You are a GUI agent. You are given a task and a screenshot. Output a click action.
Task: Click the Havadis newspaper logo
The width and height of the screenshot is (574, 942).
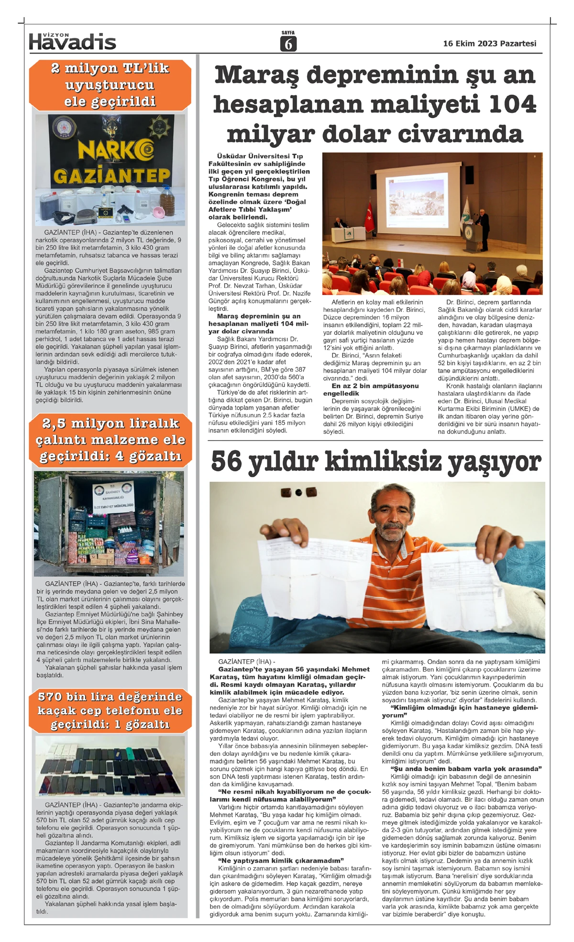[72, 42]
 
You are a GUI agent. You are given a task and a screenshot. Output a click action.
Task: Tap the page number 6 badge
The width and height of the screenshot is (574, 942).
[288, 44]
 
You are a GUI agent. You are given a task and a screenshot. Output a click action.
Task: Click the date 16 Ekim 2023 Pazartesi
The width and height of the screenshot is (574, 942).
[489, 44]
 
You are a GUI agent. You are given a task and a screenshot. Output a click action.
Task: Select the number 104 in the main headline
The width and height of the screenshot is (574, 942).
[512, 104]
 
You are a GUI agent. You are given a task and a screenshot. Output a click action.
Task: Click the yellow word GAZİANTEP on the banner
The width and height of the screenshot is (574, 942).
[111, 177]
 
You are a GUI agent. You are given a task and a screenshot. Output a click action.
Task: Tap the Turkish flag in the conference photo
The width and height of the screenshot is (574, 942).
[369, 215]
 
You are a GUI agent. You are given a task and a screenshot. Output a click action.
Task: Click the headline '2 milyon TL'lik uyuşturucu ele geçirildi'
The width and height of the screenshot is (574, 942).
[110, 85]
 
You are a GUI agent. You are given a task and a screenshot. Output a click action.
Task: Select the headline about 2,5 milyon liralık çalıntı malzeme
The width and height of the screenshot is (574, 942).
[110, 440]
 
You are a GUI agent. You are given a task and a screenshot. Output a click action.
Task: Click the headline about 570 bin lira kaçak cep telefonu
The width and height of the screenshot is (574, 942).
[110, 710]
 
